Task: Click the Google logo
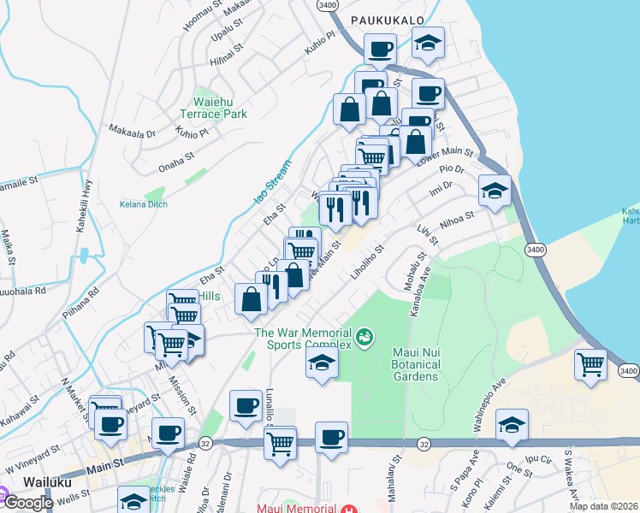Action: (x=27, y=502)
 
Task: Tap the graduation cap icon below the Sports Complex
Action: (x=322, y=364)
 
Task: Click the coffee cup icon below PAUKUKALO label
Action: (x=379, y=49)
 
